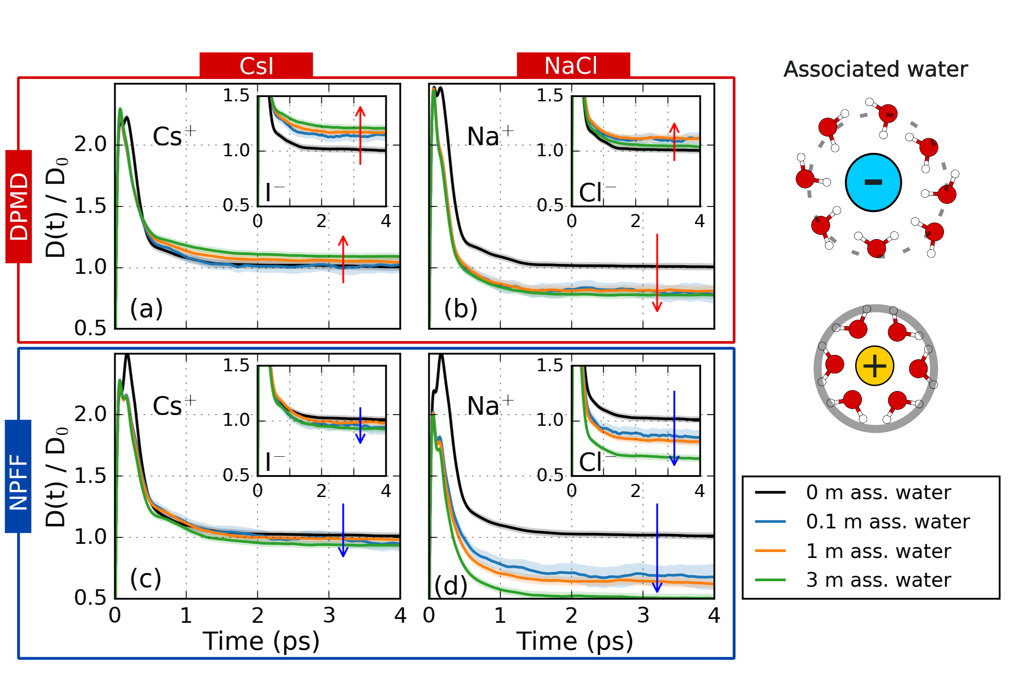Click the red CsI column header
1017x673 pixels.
[x=256, y=66]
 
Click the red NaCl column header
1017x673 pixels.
[x=573, y=66]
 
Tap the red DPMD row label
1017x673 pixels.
[x=19, y=206]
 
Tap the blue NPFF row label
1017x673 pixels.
[x=18, y=476]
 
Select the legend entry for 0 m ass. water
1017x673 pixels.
[x=878, y=493]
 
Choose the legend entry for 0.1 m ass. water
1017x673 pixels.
[x=888, y=522]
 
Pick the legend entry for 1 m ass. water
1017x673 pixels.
[x=878, y=551]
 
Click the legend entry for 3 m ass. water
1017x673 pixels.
[x=878, y=580]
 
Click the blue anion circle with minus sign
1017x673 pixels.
[x=873, y=182]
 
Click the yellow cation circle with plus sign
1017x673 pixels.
[x=875, y=366]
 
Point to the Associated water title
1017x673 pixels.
[x=876, y=70]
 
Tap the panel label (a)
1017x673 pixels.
[x=147, y=308]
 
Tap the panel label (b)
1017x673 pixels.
[x=461, y=308]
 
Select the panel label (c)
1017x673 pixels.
[x=146, y=579]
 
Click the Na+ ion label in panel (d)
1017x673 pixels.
[x=490, y=406]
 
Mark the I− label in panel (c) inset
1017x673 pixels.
[x=274, y=462]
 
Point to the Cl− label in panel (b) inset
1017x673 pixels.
[x=596, y=193]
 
